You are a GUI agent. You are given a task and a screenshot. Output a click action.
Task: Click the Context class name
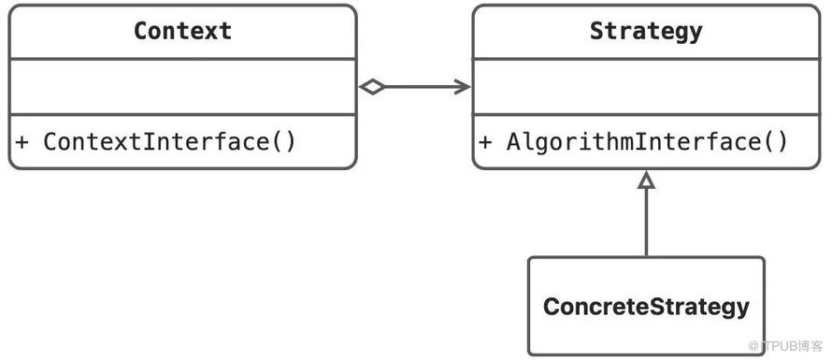pos(182,31)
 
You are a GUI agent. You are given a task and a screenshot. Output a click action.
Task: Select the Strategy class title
pos(646,32)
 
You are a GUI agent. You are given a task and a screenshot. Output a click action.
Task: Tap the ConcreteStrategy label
pos(646,307)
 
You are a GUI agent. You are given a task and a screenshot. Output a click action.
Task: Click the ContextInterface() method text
pos(169,142)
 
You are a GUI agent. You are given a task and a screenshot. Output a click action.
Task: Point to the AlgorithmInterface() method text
pos(647,142)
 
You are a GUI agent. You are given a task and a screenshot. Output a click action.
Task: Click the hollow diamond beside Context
pos(372,87)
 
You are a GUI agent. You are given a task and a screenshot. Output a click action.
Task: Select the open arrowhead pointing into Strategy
pos(462,87)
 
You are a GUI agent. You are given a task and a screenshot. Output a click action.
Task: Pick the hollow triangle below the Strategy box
pos(646,180)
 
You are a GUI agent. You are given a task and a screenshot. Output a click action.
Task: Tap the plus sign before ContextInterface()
pos(22,142)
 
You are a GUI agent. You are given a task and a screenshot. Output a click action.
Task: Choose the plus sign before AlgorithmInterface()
pos(485,142)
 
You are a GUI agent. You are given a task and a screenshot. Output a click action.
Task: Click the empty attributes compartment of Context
pos(182,87)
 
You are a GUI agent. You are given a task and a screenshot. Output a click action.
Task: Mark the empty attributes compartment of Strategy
pos(646,87)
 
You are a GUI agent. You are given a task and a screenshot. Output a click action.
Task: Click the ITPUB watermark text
pos(785,346)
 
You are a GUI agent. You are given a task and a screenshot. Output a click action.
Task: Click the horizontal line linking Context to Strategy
pos(420,87)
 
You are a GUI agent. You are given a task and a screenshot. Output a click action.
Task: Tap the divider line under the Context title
pos(182,58)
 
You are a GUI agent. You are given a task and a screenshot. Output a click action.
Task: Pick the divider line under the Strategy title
pos(646,58)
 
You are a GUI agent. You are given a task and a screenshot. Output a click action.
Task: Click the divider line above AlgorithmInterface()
pos(646,114)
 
